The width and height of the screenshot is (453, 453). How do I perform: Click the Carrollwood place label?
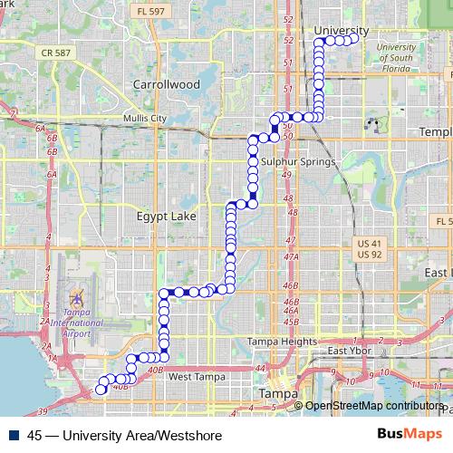165,83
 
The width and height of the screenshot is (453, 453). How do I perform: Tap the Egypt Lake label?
165,217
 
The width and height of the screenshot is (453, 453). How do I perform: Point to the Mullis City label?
145,118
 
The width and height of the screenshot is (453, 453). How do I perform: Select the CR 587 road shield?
56,53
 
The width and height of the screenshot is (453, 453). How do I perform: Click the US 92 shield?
368,255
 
